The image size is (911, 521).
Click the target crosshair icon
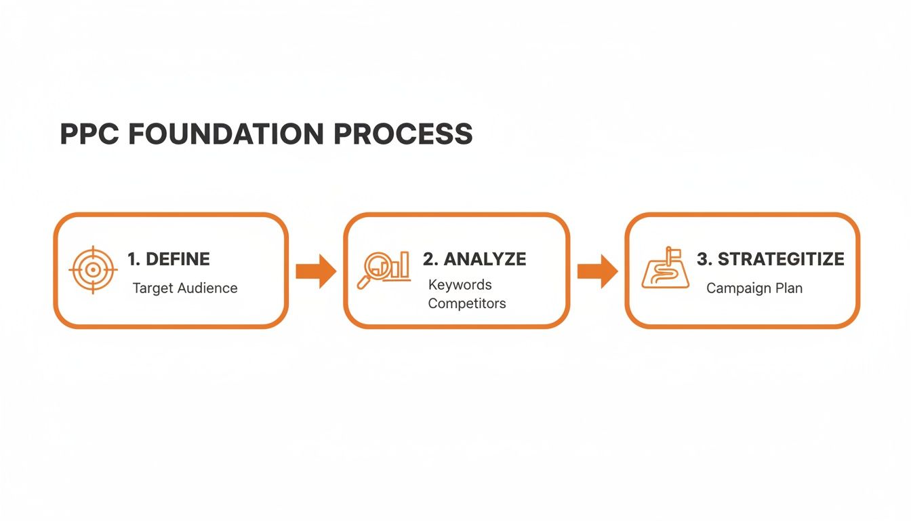tap(94, 270)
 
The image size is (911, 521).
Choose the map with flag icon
tap(665, 269)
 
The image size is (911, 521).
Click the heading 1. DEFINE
tap(169, 258)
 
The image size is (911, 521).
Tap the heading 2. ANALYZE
tap(474, 258)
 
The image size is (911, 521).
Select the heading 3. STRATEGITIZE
tap(771, 258)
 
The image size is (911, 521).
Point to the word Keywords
tap(460, 284)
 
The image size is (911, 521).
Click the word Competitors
tap(467, 303)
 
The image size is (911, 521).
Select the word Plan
tap(788, 288)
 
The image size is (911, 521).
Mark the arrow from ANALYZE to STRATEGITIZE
tap(597, 271)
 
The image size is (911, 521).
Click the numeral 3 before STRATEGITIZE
tap(702, 258)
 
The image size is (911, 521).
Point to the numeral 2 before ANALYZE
tap(428, 258)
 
